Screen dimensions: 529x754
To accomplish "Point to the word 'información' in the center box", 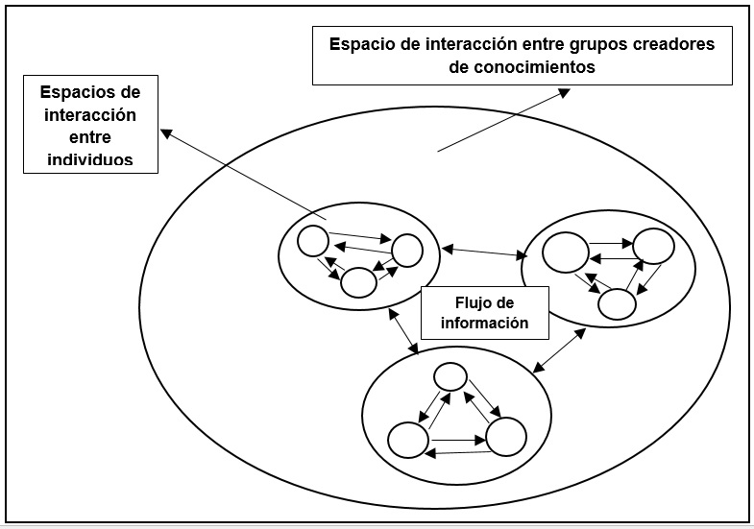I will tap(484, 324).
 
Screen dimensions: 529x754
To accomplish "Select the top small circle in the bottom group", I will tap(450, 376).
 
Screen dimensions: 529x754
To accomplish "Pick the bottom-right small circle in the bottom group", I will tap(505, 437).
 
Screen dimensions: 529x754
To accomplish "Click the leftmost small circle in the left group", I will tap(313, 240).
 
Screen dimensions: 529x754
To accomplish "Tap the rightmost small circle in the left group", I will tap(406, 251).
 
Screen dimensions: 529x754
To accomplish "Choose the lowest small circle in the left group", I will tap(358, 282).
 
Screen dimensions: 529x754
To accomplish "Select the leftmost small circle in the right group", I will tap(564, 253).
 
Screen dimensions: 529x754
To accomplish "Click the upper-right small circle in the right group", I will tap(653, 246).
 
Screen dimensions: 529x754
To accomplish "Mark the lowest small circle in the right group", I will tap(617, 303).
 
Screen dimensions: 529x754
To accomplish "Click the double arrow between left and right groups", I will tap(484, 252).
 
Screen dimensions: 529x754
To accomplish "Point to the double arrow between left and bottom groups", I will tap(402, 332).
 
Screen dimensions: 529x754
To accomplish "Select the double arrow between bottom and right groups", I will tap(560, 350).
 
